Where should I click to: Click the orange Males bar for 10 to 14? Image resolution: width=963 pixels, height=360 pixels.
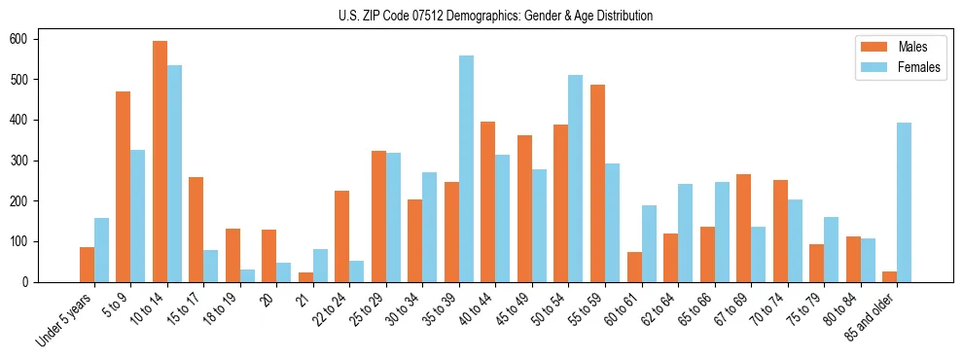coord(160,162)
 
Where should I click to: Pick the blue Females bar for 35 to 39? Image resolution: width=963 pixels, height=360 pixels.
coord(466,169)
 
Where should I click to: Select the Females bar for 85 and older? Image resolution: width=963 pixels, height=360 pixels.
coord(904,202)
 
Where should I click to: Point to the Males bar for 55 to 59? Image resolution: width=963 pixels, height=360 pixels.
coord(597,183)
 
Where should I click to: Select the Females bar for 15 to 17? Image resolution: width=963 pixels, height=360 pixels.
coord(211,266)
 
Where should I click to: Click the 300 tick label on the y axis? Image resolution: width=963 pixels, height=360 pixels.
coord(27,161)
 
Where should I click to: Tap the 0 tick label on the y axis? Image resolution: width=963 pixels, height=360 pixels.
coord(31,282)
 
